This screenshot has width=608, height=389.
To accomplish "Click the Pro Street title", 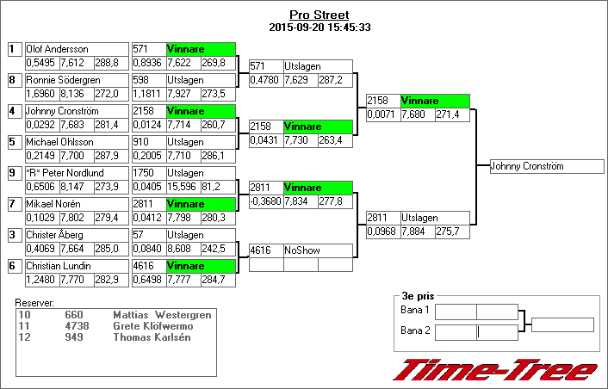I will coord(320,15).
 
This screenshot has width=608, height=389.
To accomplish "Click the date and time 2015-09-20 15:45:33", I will coord(320,28).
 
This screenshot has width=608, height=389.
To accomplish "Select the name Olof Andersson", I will coord(58,49).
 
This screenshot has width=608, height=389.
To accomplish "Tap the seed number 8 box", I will coord(13,80).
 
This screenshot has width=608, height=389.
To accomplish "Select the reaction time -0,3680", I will coord(265,201).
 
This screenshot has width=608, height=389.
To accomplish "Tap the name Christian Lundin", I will coord(58,266).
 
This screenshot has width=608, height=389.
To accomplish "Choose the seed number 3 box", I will coord(13,235).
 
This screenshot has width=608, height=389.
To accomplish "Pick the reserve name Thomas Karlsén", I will coord(152,337).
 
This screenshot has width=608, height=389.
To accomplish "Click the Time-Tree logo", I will coord(495,369).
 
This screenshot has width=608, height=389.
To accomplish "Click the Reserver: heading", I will coord(35,303).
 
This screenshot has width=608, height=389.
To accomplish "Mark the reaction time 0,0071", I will coord(381,114).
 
